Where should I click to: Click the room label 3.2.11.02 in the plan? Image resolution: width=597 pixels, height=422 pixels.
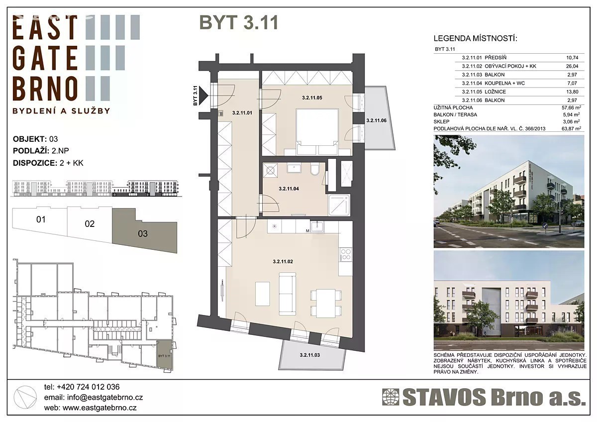click(283, 262)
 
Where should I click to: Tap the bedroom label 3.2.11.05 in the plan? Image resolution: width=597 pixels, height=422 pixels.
click(312, 98)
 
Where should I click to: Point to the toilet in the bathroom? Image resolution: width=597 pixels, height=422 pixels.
click(315, 170)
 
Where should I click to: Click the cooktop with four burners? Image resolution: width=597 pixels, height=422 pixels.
click(346, 254)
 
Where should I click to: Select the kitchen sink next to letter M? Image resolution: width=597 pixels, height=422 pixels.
click(317, 227)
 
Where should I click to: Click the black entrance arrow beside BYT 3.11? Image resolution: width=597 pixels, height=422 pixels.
click(204, 95)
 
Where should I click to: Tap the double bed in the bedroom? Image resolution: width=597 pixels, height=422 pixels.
click(317, 131)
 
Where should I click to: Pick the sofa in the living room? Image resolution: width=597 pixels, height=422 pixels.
click(288, 293)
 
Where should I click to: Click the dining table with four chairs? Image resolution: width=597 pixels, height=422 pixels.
click(326, 303)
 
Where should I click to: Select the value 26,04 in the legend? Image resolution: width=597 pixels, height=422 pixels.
click(572, 66)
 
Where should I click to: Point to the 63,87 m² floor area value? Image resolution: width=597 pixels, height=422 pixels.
click(571, 128)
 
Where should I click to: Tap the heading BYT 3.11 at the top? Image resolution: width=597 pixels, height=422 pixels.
click(239, 22)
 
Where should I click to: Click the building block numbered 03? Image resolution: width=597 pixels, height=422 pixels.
click(145, 231)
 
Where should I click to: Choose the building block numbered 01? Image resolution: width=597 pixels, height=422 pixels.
click(40, 222)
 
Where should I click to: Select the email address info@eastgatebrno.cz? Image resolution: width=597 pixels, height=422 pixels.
click(105, 398)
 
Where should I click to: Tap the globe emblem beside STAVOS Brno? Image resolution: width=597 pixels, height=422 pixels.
click(391, 397)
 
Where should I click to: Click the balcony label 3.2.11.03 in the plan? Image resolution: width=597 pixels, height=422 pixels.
click(309, 355)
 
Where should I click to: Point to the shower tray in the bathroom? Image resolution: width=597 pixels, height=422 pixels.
click(339, 205)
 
